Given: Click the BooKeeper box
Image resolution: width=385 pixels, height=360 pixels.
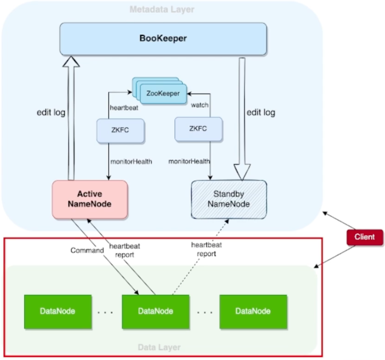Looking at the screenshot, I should click(x=163, y=39).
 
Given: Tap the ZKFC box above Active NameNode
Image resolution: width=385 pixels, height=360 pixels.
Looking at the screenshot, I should click(x=120, y=130).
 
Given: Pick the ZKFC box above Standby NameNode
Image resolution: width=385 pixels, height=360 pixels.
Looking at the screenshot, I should click(x=198, y=128).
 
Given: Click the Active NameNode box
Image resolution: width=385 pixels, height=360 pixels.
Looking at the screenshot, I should click(x=90, y=199).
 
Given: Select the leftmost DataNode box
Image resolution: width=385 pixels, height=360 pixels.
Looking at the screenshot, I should click(x=57, y=311).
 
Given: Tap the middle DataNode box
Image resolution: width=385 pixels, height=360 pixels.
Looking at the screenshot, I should click(x=155, y=311).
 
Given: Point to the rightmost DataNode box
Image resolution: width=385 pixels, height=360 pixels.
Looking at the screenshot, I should click(x=253, y=311).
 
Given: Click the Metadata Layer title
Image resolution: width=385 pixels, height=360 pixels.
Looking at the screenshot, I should click(x=162, y=9).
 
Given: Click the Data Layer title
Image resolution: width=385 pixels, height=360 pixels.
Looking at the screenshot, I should click(x=159, y=347).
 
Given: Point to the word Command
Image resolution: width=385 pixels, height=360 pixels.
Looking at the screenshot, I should click(x=87, y=250).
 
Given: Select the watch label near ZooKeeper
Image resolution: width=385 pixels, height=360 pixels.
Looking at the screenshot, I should click(x=200, y=105).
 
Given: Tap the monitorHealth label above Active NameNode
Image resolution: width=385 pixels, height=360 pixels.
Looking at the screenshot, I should click(x=131, y=162).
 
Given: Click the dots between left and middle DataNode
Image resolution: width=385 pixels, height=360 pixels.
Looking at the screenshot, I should click(x=106, y=312).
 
